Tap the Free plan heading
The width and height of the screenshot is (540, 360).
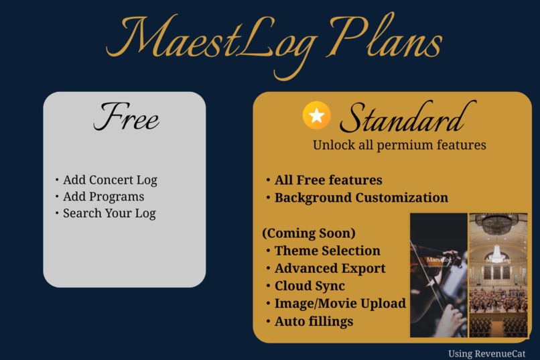[125, 119]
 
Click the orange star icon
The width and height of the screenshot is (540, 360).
[317, 115]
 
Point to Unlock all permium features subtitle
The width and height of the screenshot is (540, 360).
[399, 145]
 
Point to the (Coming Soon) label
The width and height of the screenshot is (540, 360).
[309, 233]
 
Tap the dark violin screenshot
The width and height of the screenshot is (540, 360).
[438, 275]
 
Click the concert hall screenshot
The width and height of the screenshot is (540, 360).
[498, 275]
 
